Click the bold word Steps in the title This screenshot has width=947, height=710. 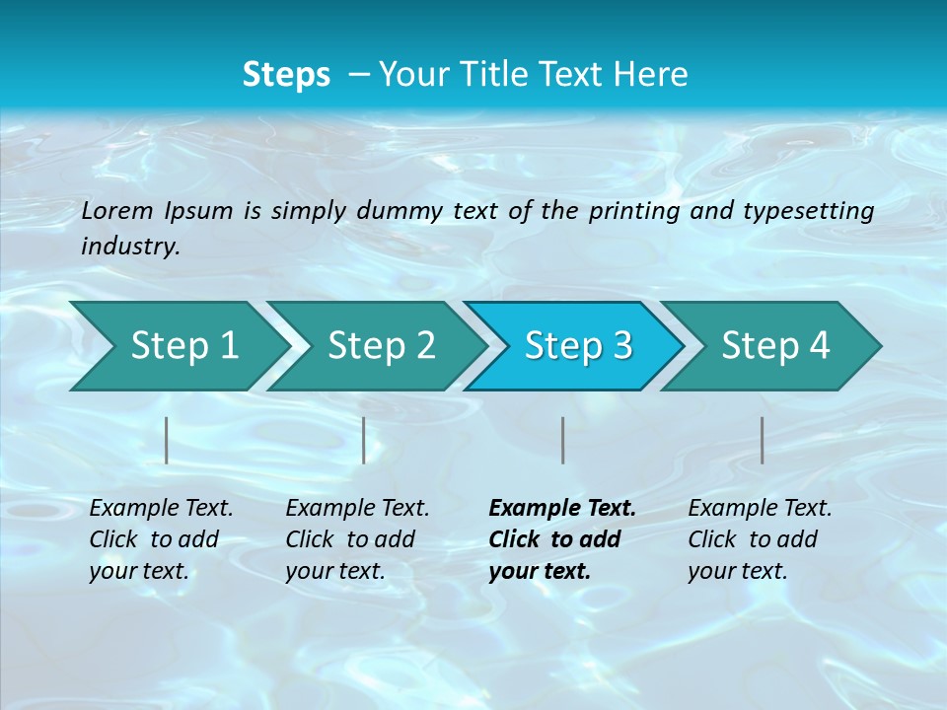(286, 74)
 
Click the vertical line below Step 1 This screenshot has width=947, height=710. (167, 440)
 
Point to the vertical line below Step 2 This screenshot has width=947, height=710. (364, 440)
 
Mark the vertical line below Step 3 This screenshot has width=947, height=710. (562, 440)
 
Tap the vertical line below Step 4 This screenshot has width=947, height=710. (762, 440)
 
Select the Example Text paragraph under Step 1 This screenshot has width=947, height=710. (161, 539)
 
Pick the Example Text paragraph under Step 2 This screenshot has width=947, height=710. (357, 539)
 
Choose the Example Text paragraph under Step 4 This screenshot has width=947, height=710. (760, 539)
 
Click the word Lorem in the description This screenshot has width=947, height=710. (117, 210)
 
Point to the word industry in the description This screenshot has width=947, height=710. (130, 247)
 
